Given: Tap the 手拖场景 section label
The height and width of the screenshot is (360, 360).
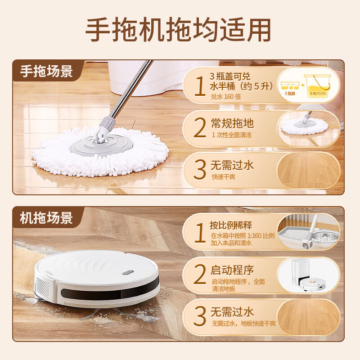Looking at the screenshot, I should [46, 71].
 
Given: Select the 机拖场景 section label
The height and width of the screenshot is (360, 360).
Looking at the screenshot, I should [46, 218].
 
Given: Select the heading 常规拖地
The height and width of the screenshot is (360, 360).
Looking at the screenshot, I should [232, 123].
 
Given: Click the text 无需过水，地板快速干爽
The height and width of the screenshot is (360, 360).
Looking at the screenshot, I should [243, 324].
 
